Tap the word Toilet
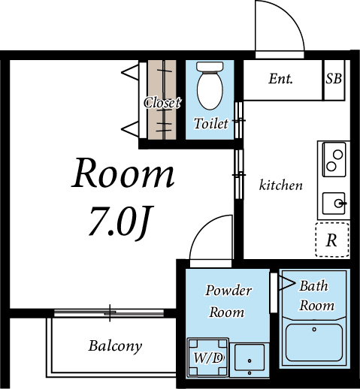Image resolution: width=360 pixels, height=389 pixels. [x=210, y=124]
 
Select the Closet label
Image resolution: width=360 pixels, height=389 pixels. [x=162, y=103]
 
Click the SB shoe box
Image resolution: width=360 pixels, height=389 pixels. [x=334, y=79]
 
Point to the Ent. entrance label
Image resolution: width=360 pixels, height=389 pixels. [x=280, y=79]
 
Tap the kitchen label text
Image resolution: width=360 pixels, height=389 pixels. [x=280, y=185]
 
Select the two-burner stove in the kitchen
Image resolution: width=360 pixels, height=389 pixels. [x=333, y=158]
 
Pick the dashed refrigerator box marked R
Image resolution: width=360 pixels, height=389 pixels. [x=331, y=240]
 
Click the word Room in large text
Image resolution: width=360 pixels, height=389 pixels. [x=123, y=174]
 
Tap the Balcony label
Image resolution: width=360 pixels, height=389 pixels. [x=115, y=346]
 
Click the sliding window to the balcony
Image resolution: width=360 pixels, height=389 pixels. [x=111, y=311]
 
